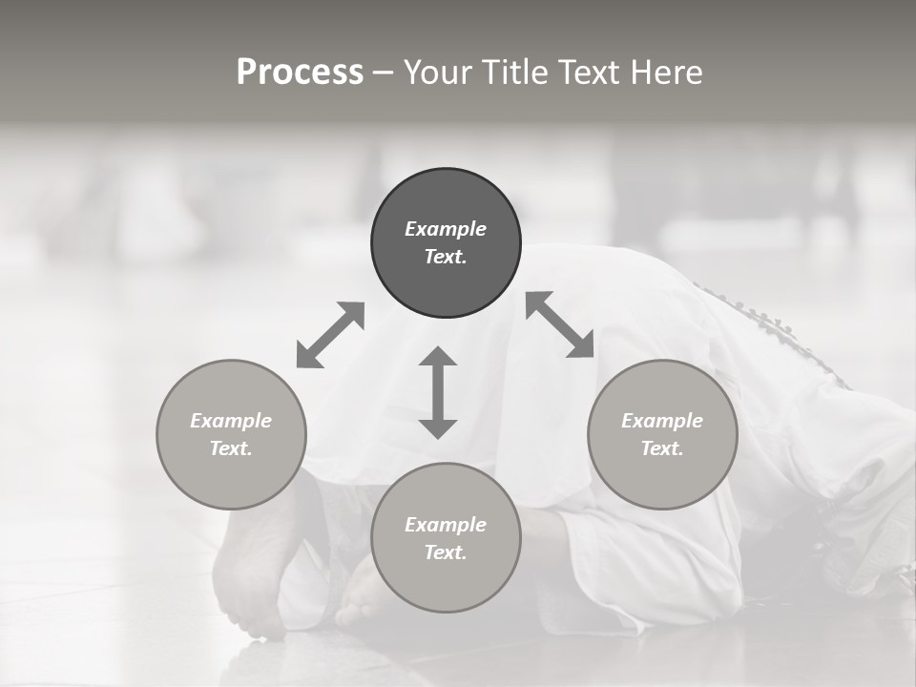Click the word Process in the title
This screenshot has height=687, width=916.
click(x=300, y=73)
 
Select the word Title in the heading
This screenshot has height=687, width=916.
click(x=514, y=73)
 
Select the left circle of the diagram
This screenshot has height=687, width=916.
click(x=231, y=434)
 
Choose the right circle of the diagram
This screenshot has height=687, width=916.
click(x=662, y=434)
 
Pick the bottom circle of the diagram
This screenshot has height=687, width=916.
click(x=446, y=538)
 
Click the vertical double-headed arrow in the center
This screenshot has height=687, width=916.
click(x=438, y=392)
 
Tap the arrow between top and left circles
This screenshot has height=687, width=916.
click(x=330, y=335)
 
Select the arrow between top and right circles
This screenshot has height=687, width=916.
click(x=559, y=324)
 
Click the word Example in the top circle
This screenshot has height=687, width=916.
click(x=446, y=229)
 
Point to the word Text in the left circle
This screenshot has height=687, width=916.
click(x=231, y=448)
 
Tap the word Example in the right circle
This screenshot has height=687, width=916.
click(x=662, y=421)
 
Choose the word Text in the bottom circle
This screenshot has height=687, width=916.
click(x=446, y=552)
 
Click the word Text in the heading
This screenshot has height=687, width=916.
click(x=593, y=73)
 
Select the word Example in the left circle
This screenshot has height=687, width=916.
click(x=231, y=421)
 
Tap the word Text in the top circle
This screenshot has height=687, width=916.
click(x=446, y=257)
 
